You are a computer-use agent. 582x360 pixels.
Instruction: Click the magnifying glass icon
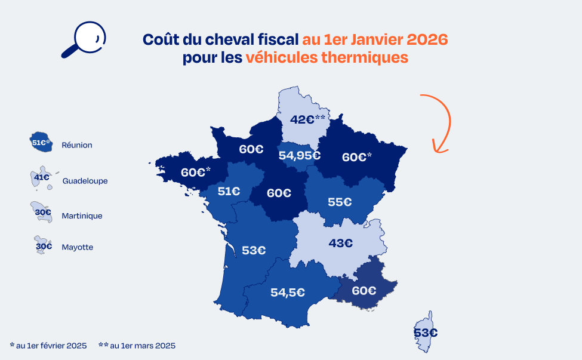(x=83, y=39)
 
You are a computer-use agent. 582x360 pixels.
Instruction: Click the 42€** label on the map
(x=307, y=119)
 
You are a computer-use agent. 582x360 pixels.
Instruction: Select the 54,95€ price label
(x=300, y=156)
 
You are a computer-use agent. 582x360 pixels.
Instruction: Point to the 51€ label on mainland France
(x=229, y=192)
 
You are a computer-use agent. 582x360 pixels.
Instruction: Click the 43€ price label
(x=341, y=243)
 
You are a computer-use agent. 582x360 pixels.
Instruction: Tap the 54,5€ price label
(x=288, y=293)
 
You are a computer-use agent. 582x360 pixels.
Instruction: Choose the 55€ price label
(x=339, y=202)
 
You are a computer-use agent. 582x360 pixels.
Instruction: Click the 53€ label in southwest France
(x=254, y=250)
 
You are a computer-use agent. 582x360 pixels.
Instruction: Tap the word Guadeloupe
(x=85, y=180)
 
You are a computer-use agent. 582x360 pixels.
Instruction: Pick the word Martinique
(x=82, y=216)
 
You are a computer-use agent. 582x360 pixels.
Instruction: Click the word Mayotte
(x=77, y=247)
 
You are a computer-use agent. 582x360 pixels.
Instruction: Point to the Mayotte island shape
(x=42, y=245)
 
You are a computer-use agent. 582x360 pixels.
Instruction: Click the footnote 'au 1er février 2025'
(x=51, y=346)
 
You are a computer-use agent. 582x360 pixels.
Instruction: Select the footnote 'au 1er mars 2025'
(x=143, y=346)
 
